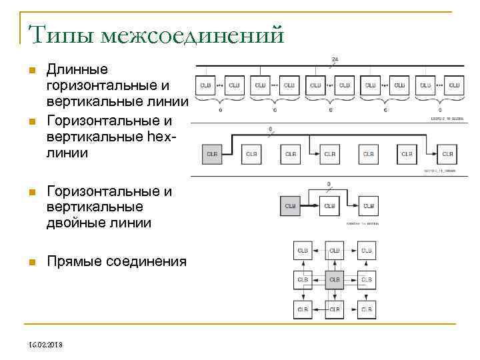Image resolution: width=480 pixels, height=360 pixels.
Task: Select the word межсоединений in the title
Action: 193,34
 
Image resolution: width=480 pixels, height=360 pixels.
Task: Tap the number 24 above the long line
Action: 335,59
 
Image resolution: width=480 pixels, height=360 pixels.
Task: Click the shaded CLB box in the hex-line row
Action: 212,154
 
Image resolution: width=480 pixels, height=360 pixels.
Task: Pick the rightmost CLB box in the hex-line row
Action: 447,154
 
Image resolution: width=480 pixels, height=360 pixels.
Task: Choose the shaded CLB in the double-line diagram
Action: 290,206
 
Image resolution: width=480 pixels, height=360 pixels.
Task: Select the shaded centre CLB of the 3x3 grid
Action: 334,280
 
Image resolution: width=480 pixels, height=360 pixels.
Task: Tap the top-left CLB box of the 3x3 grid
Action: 303,251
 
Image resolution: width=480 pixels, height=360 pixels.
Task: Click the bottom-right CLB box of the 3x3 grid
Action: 366,309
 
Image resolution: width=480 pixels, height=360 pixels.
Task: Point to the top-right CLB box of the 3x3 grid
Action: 366,251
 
